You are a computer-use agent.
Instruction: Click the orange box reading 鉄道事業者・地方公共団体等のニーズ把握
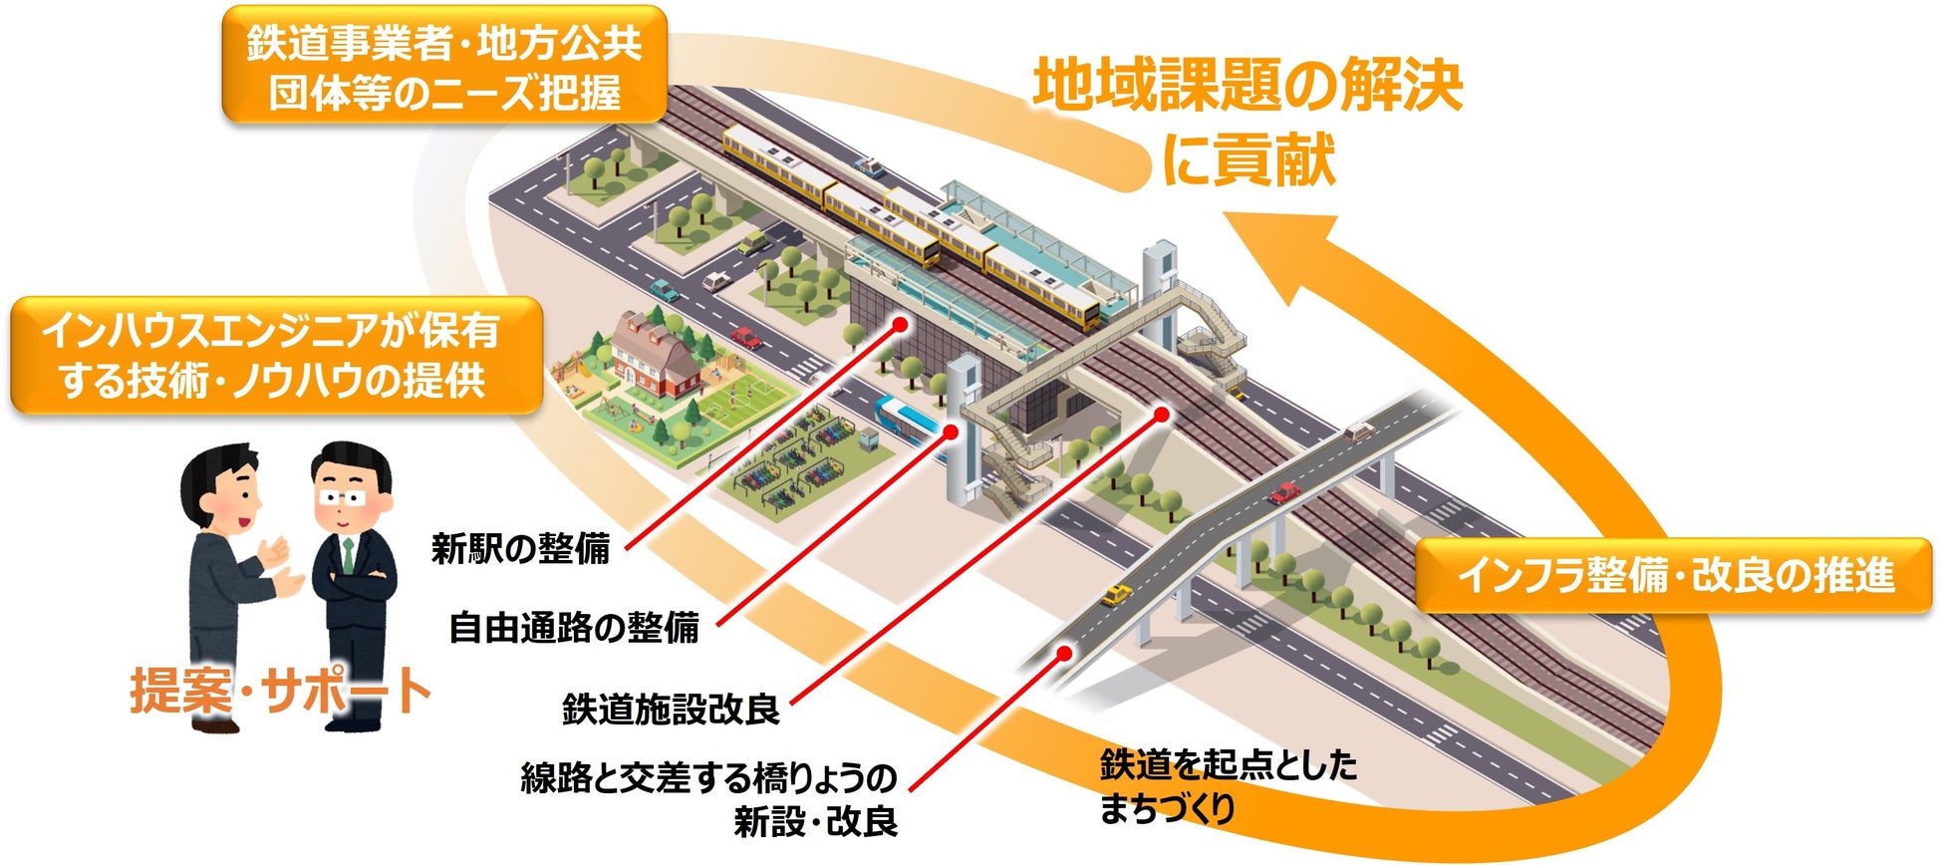443,66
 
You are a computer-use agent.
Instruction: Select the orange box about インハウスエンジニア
276,355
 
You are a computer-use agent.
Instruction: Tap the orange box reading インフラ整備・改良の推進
1674,575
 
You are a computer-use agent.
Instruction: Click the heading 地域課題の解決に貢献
1248,122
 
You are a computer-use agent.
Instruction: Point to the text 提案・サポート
279,690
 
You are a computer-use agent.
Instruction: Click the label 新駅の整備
520,548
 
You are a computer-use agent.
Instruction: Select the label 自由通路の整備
574,628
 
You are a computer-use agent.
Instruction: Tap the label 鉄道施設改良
671,709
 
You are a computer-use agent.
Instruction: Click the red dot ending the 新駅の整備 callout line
899,324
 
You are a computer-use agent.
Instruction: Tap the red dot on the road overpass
1064,653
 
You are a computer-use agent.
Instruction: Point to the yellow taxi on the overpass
1116,595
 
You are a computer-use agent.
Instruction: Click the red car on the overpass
1285,491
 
